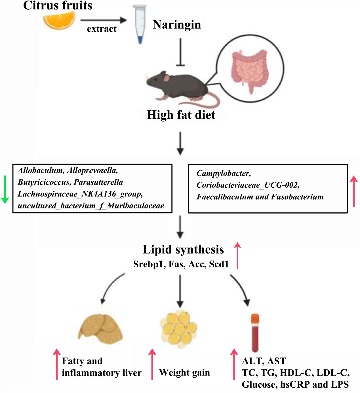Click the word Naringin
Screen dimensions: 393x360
coord(177,25)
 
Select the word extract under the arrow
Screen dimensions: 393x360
coord(102,29)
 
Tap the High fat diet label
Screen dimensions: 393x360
coord(181,115)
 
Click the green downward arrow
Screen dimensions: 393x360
coord(5,189)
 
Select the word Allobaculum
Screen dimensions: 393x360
coord(41,170)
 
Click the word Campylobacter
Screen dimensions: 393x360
coord(224,173)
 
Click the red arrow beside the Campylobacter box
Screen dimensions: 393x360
coord(353,191)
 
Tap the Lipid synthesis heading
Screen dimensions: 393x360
coord(183,250)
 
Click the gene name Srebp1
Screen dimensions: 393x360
coord(149,264)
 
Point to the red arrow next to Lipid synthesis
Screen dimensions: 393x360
coord(237,255)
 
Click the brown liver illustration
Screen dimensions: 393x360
coord(101,329)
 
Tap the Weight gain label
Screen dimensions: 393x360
coord(184,373)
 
